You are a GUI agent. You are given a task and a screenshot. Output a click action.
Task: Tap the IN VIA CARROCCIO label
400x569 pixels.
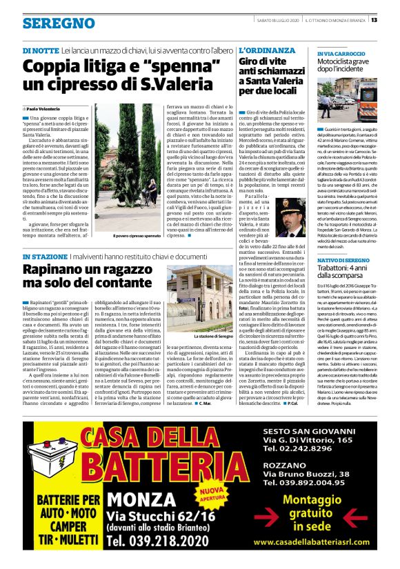343,52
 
